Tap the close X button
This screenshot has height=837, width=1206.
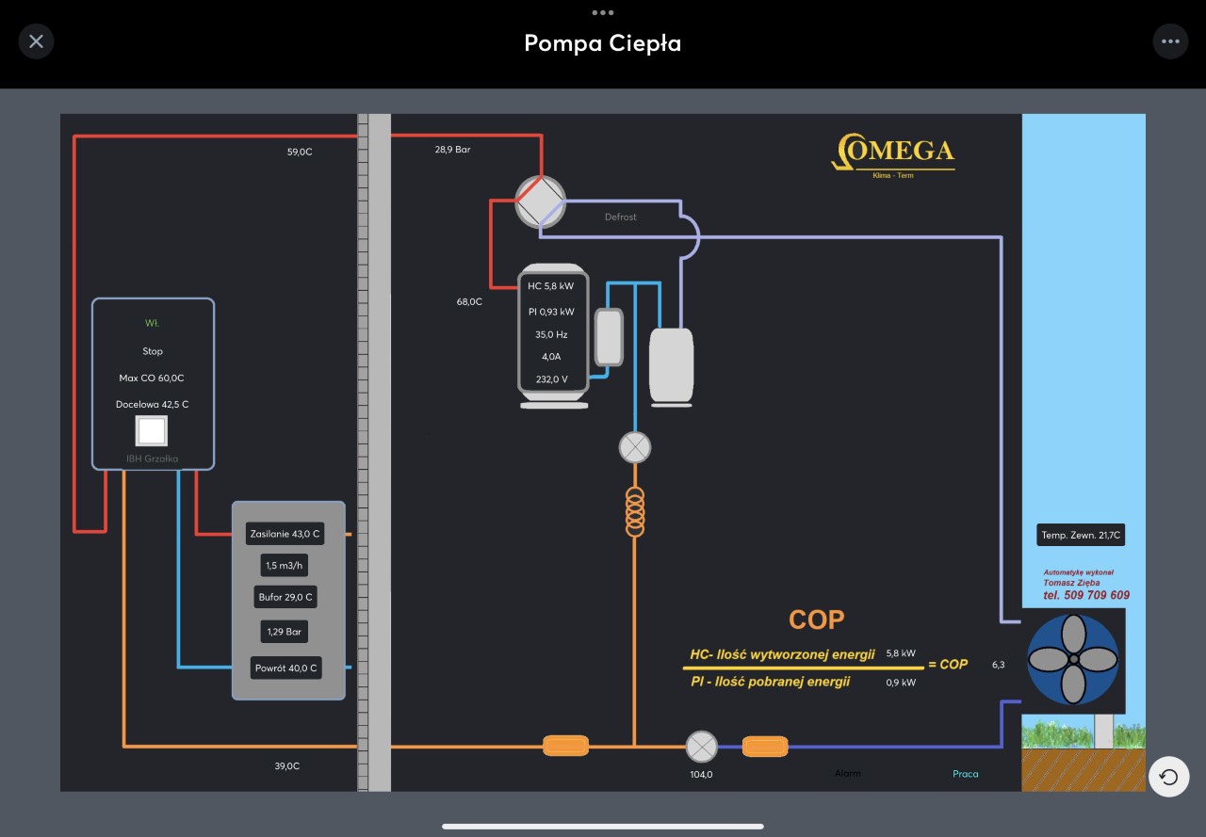(36, 41)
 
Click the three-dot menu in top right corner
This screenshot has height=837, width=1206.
(1170, 41)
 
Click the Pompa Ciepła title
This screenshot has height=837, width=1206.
(602, 43)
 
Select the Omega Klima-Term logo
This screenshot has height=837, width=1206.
(893, 154)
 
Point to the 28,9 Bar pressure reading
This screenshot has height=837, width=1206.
(452, 150)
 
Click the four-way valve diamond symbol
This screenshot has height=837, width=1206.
(540, 201)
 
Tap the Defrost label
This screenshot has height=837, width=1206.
(620, 217)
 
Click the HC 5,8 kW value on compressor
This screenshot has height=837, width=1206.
(551, 285)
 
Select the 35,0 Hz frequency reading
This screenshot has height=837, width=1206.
(551, 334)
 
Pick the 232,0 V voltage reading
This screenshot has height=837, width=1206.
(551, 379)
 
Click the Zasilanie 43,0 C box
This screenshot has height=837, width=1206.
(285, 534)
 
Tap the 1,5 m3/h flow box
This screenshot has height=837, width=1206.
(285, 565)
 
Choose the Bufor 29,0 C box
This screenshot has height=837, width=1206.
(285, 597)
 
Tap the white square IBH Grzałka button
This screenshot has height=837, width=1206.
(152, 430)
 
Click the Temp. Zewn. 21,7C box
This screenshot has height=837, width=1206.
(1081, 536)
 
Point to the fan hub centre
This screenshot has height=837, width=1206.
(1072, 659)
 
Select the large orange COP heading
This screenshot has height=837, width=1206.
(816, 620)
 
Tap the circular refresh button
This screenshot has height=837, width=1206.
(1169, 777)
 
